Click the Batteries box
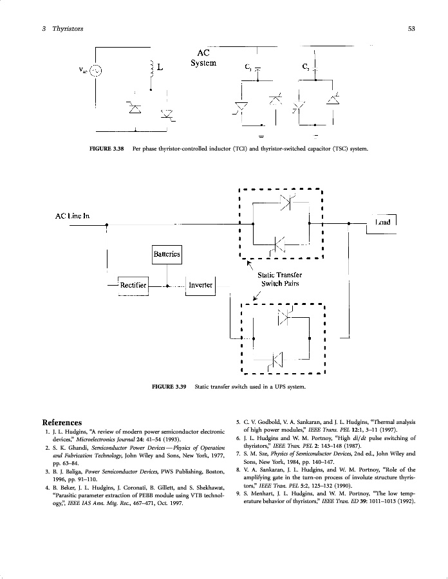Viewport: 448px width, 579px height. pos(167,255)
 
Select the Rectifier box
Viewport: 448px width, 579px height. pos(133,285)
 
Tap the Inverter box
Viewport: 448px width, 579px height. pos(200,285)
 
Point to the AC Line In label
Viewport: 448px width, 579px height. pos(72,216)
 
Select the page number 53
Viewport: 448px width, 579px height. pos(411,28)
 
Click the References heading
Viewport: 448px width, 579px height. pos(62,422)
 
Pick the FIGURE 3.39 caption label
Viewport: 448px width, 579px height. pos(169,387)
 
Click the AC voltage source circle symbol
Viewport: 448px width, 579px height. pos(95,71)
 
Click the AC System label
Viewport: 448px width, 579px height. pos(203,58)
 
